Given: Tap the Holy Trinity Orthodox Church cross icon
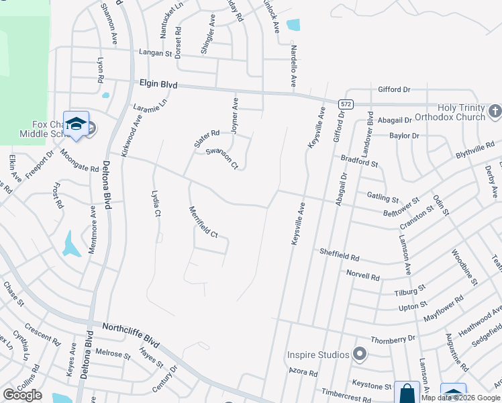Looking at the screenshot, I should pos(495,110).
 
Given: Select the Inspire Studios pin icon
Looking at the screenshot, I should pos(360,354).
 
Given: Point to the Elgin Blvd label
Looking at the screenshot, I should pos(158,85).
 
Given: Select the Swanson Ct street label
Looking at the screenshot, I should pos(222,159).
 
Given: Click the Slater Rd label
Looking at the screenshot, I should pos(207,138).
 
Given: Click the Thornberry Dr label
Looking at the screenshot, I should pos(393,339).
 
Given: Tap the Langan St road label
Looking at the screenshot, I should pos(156,52).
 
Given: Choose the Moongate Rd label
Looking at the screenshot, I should pos(79,159).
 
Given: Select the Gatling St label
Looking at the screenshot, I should pos(383,197).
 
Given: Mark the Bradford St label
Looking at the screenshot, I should pos(360,161).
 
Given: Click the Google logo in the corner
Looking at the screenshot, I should pos(22,395).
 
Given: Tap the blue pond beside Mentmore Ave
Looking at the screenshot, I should pos(71,245).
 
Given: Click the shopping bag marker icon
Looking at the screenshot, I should pos(407,392).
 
